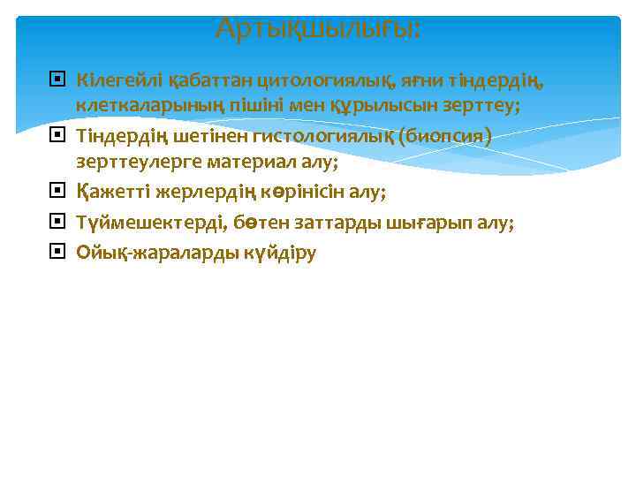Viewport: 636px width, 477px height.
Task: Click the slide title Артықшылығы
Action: pyautogui.click(x=318, y=29)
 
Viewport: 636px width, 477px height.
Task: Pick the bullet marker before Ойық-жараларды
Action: pyautogui.click(x=57, y=253)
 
